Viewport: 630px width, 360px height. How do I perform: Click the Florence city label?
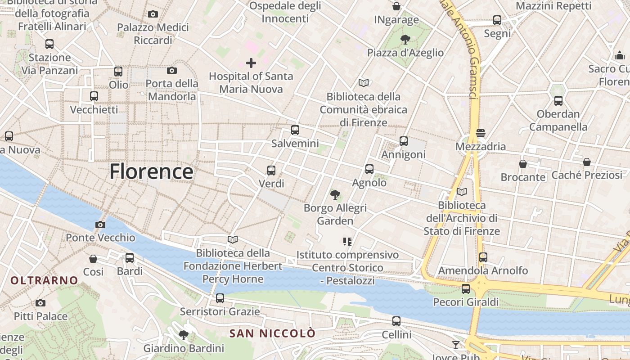tap(151, 171)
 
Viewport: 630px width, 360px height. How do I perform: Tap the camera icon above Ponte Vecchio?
tap(100, 225)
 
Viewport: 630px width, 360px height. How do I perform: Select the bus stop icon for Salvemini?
tap(295, 130)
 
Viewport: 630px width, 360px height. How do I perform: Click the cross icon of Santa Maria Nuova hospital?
tap(251, 63)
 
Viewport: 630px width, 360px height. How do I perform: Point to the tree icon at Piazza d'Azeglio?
tap(405, 39)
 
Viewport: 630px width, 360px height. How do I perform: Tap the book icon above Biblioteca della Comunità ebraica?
tap(364, 83)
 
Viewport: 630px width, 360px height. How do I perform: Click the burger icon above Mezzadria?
tap(481, 133)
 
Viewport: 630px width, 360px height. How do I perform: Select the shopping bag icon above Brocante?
tap(523, 164)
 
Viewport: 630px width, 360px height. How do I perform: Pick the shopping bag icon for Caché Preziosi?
tap(587, 162)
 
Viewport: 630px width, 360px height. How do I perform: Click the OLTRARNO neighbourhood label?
tap(44, 281)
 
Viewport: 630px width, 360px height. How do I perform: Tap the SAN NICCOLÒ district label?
tap(273, 333)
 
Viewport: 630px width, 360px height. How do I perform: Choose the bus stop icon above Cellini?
tap(396, 321)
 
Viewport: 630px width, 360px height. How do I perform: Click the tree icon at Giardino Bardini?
tap(183, 335)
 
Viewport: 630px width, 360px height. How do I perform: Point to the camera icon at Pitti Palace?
tap(40, 303)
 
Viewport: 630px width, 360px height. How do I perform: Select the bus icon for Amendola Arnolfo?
tap(483, 257)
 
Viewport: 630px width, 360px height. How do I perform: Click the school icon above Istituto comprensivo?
tap(347, 242)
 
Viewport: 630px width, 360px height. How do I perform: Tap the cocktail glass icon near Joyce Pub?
tap(456, 345)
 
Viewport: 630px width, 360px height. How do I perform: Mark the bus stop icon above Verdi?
tap(271, 171)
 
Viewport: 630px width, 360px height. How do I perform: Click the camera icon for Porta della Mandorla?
tap(172, 70)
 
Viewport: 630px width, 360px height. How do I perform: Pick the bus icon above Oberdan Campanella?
tap(558, 101)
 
